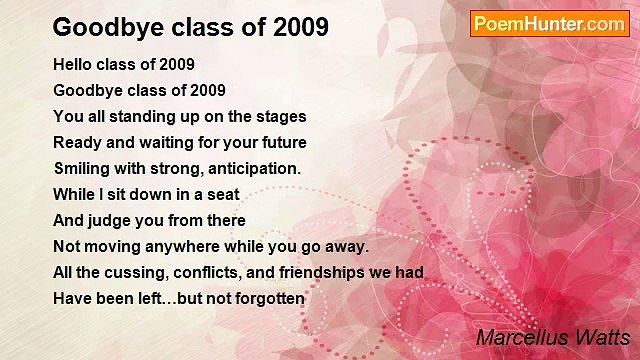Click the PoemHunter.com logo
click(549, 24)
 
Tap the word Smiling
click(84, 168)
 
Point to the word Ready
click(76, 142)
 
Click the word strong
click(177, 168)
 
